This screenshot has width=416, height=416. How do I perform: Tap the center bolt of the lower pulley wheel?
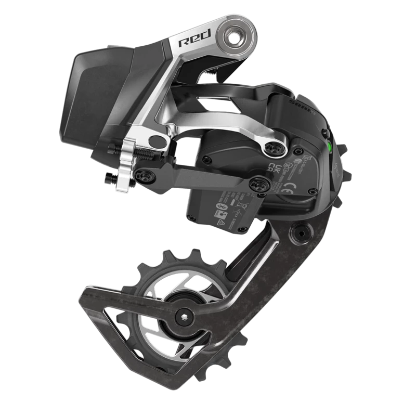point(183,314)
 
